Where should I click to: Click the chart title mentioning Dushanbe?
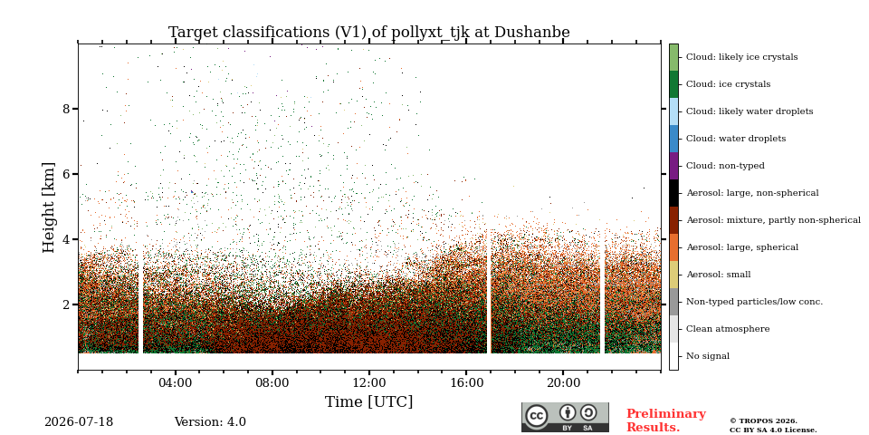pyautogui.click(x=369, y=33)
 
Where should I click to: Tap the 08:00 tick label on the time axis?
pyautogui.click(x=272, y=382)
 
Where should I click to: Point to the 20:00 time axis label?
pyautogui.click(x=564, y=382)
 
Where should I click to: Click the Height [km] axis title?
pyautogui.click(x=49, y=208)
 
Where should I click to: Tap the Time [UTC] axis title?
pyautogui.click(x=369, y=401)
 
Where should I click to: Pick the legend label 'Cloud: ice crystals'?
pyautogui.click(x=728, y=84)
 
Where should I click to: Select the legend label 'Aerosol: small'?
pyautogui.click(x=718, y=275)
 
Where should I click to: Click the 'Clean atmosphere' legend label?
pyautogui.click(x=728, y=329)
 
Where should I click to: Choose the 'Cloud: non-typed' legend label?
pyautogui.click(x=725, y=166)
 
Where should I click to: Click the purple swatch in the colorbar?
pyautogui.click(x=673, y=166)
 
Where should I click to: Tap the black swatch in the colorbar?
pyautogui.click(x=673, y=193)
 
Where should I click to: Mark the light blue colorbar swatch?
pyautogui.click(x=673, y=111)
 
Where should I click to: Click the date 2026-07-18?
pyautogui.click(x=79, y=422)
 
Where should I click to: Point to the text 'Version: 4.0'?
pyautogui.click(x=210, y=422)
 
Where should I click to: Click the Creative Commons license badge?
pyautogui.click(x=565, y=417)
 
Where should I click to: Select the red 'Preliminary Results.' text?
pyautogui.click(x=666, y=420)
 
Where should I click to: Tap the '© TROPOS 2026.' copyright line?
pyautogui.click(x=764, y=421)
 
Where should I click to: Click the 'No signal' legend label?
pyautogui.click(x=708, y=356)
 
